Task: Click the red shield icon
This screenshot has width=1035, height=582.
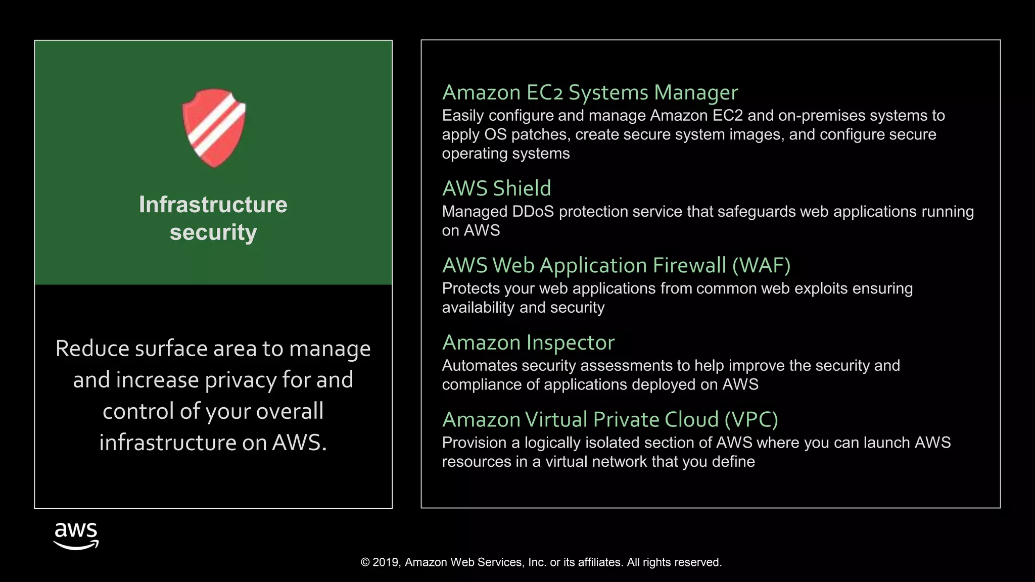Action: tap(214, 128)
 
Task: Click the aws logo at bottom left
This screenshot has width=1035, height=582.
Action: tap(76, 536)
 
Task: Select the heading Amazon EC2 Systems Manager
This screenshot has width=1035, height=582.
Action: tap(590, 93)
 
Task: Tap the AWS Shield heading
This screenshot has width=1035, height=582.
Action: tap(496, 188)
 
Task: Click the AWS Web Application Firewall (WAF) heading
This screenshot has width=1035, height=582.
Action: tap(616, 266)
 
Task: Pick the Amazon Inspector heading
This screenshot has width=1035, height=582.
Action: tap(528, 343)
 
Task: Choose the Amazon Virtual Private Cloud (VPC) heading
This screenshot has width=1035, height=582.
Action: tap(609, 420)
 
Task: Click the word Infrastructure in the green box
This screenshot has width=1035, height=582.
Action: tap(213, 205)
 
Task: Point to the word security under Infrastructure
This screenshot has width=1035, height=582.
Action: tap(213, 232)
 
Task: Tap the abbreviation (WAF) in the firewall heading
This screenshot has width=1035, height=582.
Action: tap(761, 266)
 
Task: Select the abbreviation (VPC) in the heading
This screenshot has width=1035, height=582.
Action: tap(751, 420)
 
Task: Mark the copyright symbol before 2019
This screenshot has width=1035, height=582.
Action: tap(365, 562)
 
